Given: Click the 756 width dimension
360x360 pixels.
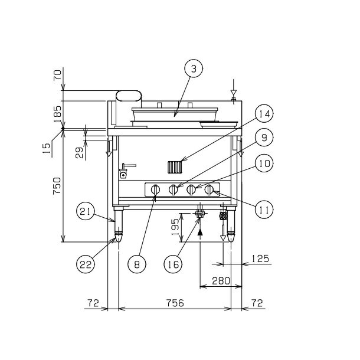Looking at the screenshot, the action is point(175,303).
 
